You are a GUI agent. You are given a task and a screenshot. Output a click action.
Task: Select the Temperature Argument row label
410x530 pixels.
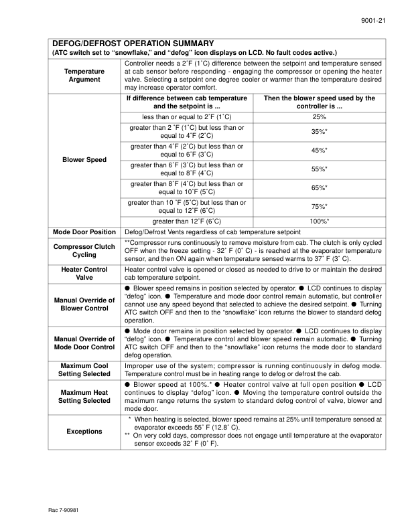84,75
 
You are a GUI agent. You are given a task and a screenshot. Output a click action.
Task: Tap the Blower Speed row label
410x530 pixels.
84,160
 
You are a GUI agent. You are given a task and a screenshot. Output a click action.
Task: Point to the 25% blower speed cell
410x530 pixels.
319,116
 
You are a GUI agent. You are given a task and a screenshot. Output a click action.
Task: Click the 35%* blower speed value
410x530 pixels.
319,132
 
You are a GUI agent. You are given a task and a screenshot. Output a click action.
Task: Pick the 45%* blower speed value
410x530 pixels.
319,151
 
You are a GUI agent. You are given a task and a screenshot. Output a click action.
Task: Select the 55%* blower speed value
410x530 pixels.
319,169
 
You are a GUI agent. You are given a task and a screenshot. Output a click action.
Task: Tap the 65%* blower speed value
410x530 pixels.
319,188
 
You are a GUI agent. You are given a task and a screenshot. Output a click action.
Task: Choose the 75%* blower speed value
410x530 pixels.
319,207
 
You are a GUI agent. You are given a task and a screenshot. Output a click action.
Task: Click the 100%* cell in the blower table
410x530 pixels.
319,221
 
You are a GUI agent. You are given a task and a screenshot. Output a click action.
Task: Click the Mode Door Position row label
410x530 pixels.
84,232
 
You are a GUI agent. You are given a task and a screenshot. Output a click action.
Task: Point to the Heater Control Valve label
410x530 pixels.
84,274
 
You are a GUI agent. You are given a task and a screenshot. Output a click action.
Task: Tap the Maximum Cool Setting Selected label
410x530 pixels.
84,370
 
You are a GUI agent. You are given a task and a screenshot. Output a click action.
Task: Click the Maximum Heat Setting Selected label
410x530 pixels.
84,396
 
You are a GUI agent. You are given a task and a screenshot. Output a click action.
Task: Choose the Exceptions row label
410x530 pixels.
84,431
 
